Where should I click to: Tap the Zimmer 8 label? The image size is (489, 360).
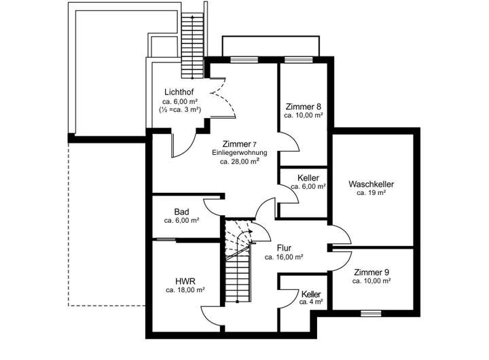click(303, 107)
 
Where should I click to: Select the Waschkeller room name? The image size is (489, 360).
click(372, 184)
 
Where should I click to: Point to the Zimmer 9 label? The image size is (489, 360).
click(372, 272)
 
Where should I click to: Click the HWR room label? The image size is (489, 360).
click(185, 281)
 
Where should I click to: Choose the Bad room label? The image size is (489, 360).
click(181, 212)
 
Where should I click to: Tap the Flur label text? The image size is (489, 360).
click(284, 248)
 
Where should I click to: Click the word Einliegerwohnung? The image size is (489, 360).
click(239, 153)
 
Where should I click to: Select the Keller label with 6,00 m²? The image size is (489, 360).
click(308, 178)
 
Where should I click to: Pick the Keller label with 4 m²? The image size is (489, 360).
click(311, 293)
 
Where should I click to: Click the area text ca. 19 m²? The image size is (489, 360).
click(372, 193)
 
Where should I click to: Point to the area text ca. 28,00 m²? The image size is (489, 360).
click(239, 162)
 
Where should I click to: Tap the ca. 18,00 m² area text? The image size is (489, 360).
click(185, 289)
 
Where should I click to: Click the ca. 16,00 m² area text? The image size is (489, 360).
click(284, 257)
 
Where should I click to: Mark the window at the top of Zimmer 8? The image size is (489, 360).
click(293, 59)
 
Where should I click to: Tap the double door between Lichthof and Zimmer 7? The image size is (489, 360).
click(221, 102)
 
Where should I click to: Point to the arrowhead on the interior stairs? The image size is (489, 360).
click(250, 231)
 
